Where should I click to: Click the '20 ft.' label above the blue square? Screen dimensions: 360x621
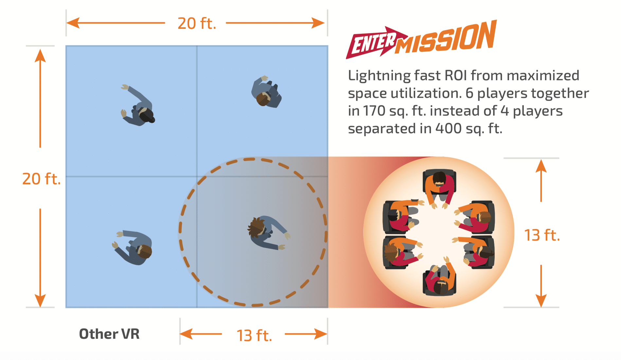197,24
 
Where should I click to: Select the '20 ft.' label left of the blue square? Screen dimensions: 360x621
41,179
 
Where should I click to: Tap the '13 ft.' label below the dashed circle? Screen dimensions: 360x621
254,335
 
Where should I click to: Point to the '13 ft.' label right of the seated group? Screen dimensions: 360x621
542,235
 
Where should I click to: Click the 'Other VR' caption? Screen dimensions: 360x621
109,334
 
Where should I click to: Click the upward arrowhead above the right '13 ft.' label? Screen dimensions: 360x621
541,166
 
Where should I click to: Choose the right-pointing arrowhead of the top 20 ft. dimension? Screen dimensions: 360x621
318,23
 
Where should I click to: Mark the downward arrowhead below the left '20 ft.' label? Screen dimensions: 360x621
40,300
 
